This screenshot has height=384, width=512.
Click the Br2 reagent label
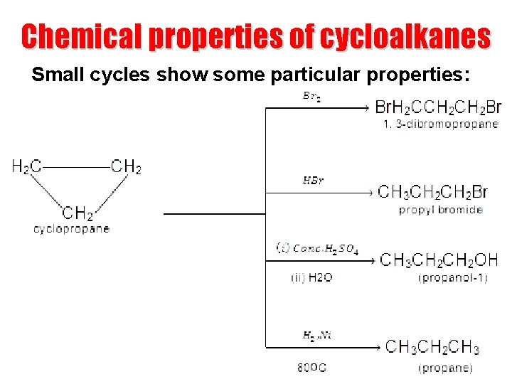pyautogui.click(x=311, y=97)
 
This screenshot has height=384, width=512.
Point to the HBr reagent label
pyautogui.click(x=313, y=181)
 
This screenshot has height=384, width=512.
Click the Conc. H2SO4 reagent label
pyautogui.click(x=317, y=248)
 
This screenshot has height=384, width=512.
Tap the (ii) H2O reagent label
pyautogui.click(x=311, y=278)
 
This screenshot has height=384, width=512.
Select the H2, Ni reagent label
pyautogui.click(x=317, y=335)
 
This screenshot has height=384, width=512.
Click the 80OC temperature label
pyautogui.click(x=311, y=368)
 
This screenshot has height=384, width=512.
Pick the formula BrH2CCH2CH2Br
pyautogui.click(x=437, y=107)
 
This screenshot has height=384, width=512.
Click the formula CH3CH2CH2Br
pyautogui.click(x=432, y=192)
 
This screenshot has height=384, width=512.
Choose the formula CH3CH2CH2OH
pyautogui.click(x=439, y=260)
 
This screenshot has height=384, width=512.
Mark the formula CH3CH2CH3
pyautogui.click(x=432, y=347)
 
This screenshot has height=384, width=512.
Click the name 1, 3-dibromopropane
pyautogui.click(x=440, y=124)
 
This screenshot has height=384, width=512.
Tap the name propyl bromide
pyautogui.click(x=441, y=210)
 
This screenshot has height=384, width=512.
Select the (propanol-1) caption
pyautogui.click(x=453, y=278)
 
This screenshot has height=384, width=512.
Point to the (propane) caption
pyautogui.click(x=445, y=368)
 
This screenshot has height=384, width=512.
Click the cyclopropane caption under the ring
pyautogui.click(x=72, y=229)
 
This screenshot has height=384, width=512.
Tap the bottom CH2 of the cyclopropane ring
pyautogui.click(x=78, y=213)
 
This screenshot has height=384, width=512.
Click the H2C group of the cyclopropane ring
pyautogui.click(x=26, y=167)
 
